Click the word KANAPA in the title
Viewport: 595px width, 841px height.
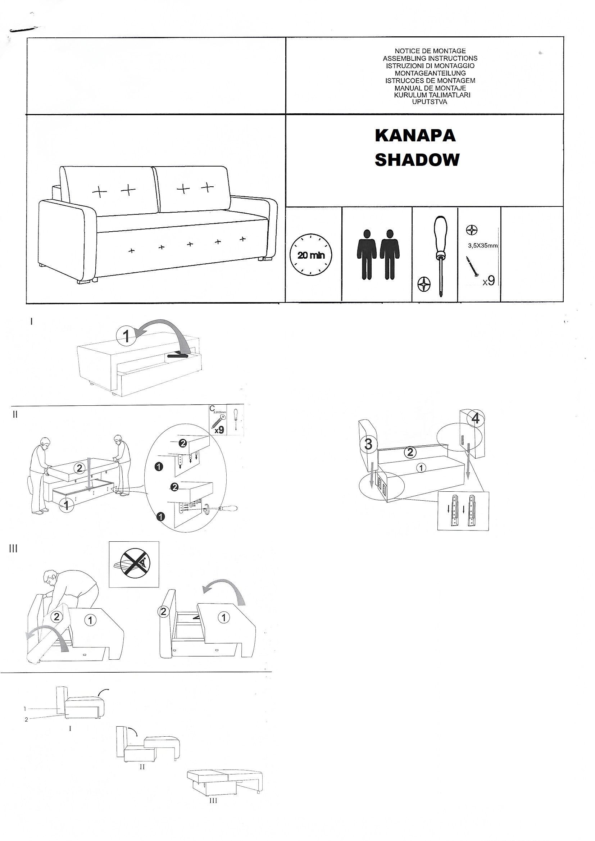(415, 136)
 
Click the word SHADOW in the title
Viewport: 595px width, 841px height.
(417, 160)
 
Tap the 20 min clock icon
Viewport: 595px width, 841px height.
(311, 255)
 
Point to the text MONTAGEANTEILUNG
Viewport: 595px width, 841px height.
(430, 73)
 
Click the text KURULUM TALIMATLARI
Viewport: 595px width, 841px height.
(432, 95)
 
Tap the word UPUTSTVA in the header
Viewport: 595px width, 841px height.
(430, 102)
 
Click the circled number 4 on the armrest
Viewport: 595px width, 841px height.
(476, 418)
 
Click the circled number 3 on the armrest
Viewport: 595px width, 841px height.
(368, 444)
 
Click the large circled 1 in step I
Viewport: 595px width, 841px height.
(126, 336)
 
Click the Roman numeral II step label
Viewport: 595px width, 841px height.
(15, 415)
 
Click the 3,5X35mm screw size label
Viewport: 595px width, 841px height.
(482, 245)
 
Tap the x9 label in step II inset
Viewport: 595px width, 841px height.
(219, 430)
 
